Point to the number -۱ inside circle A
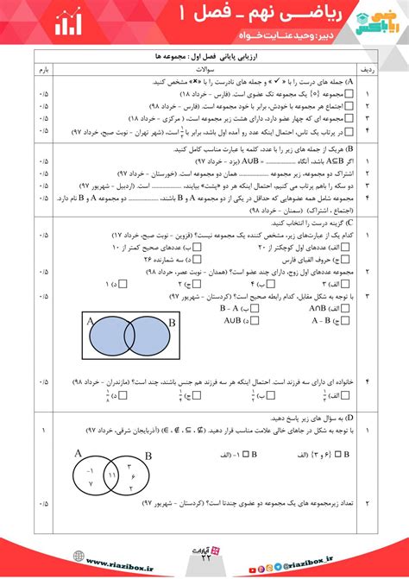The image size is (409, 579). [90, 470]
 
